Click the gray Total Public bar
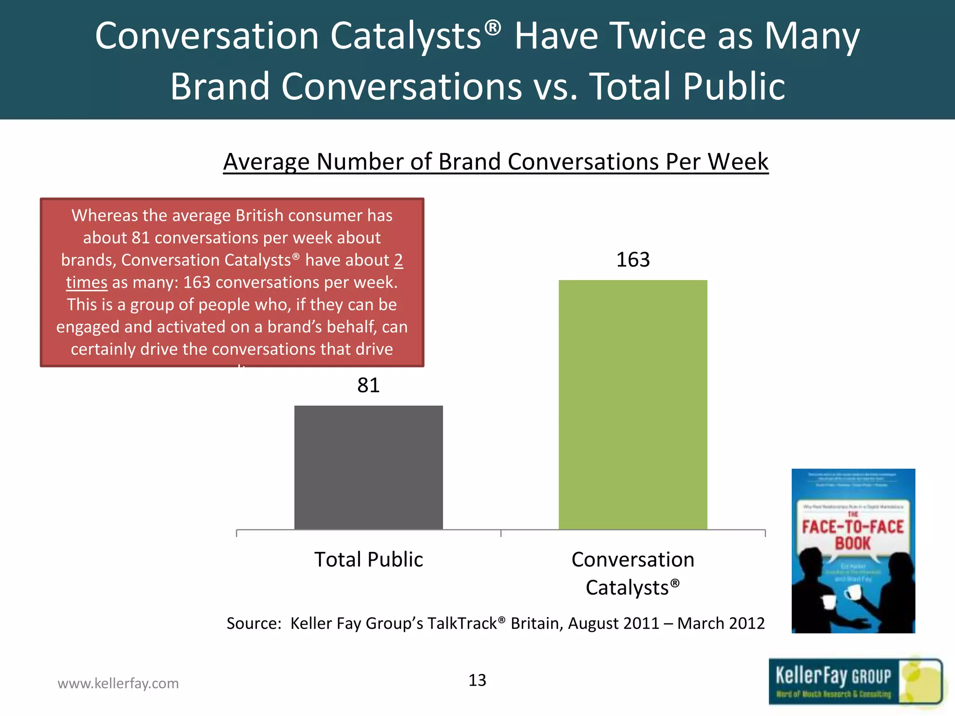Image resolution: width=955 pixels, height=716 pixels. pos(368,467)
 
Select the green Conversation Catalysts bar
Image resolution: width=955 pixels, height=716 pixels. pos(633,405)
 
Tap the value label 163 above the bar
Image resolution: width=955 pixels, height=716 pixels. pos(633,260)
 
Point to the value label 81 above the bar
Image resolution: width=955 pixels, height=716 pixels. pos(368,386)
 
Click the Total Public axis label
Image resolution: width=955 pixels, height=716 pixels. pos(368,559)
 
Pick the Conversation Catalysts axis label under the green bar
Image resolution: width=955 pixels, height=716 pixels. pos(633,573)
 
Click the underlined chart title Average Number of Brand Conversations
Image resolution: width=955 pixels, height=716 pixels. pos(495,162)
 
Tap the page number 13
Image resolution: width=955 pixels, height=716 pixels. pos(477,680)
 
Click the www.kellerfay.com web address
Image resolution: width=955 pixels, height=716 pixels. pos(118,683)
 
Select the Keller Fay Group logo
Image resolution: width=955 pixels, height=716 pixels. pos(855,682)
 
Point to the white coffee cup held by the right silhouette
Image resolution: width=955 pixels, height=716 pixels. pos(853,592)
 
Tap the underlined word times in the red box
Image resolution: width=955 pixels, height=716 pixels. pos(87,282)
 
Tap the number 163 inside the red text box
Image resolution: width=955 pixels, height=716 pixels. pos(196,282)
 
